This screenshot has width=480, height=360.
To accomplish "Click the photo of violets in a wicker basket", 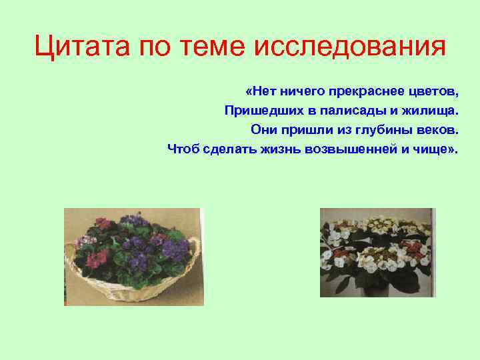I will pyautogui.click(x=133, y=257).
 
